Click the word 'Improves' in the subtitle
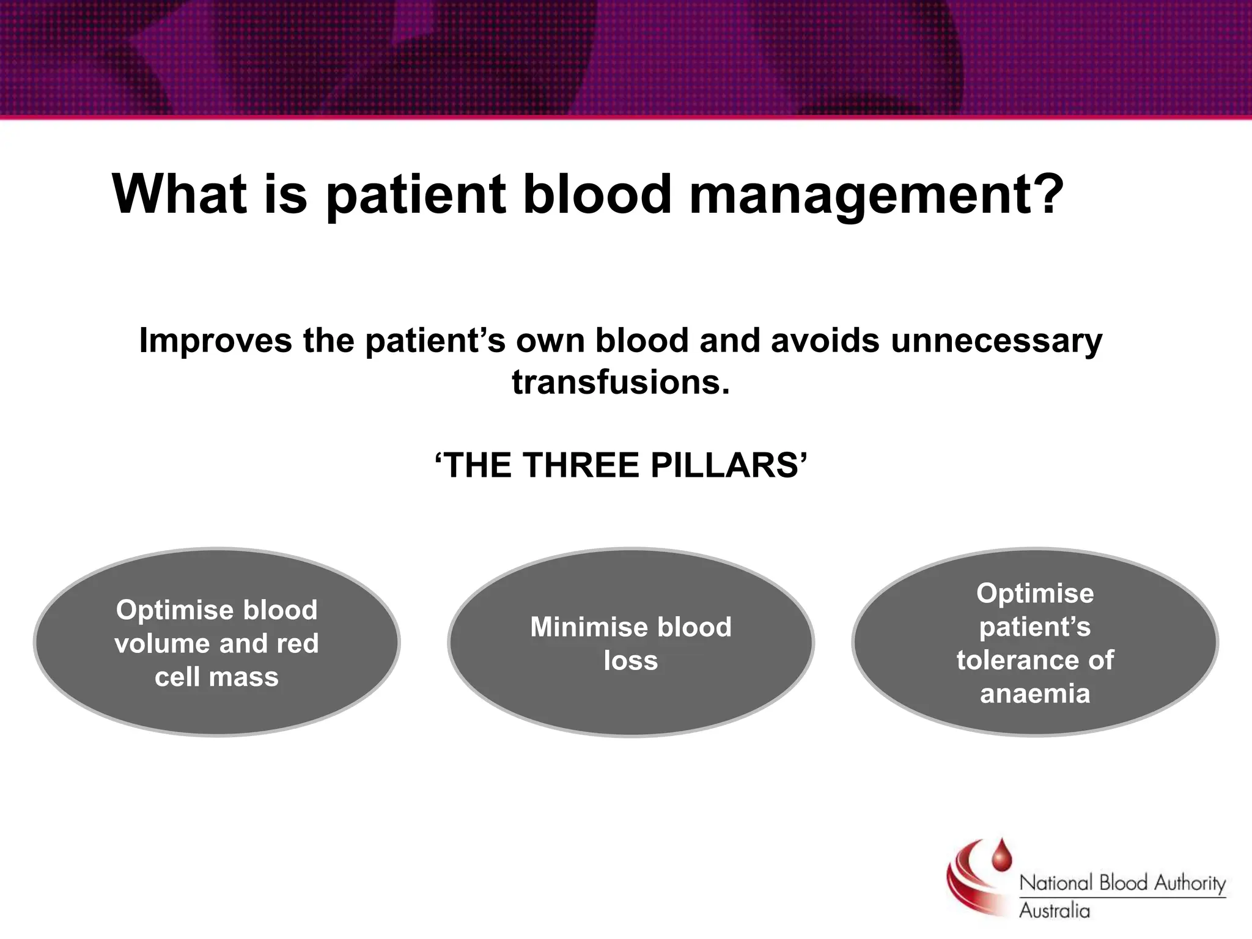click(x=216, y=341)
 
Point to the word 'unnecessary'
click(x=996, y=341)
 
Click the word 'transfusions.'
click(x=621, y=382)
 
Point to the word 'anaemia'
click(x=1035, y=694)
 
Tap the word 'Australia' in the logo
click(x=1054, y=911)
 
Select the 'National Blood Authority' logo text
click(x=1122, y=883)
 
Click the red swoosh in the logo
click(x=966, y=880)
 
